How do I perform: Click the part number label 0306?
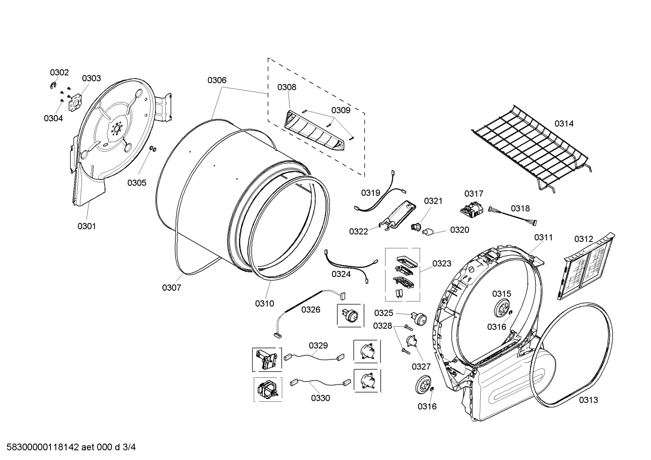click(217, 80)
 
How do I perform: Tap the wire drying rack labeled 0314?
click(528, 149)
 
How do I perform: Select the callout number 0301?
click(86, 226)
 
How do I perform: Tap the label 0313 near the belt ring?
click(588, 400)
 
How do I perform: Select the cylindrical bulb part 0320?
click(428, 232)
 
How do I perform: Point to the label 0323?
click(442, 263)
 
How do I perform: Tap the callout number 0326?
click(311, 309)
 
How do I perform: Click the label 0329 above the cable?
click(318, 345)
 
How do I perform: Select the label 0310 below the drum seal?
click(265, 303)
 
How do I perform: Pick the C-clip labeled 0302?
click(53, 85)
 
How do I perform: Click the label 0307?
click(172, 288)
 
